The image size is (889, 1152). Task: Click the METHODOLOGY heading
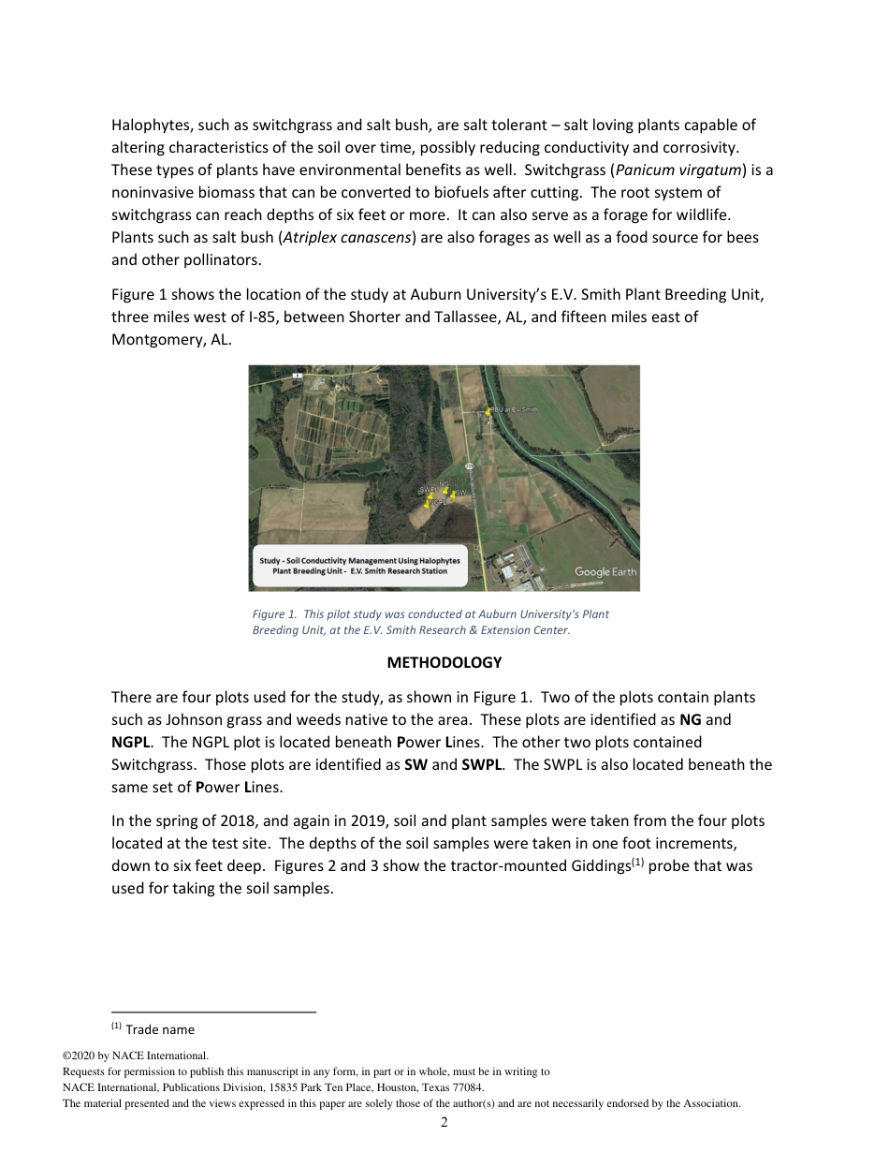444,662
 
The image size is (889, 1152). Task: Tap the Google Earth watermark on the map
605,571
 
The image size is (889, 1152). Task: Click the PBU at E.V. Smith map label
515,410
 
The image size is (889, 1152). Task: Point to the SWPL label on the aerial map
429,489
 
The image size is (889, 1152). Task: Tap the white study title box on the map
359,566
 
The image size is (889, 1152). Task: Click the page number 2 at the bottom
444,1122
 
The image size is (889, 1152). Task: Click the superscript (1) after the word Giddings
634,862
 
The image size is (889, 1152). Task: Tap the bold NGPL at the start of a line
131,742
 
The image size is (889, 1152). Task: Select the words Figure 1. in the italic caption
273,614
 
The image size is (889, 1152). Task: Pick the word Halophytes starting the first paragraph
148,125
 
